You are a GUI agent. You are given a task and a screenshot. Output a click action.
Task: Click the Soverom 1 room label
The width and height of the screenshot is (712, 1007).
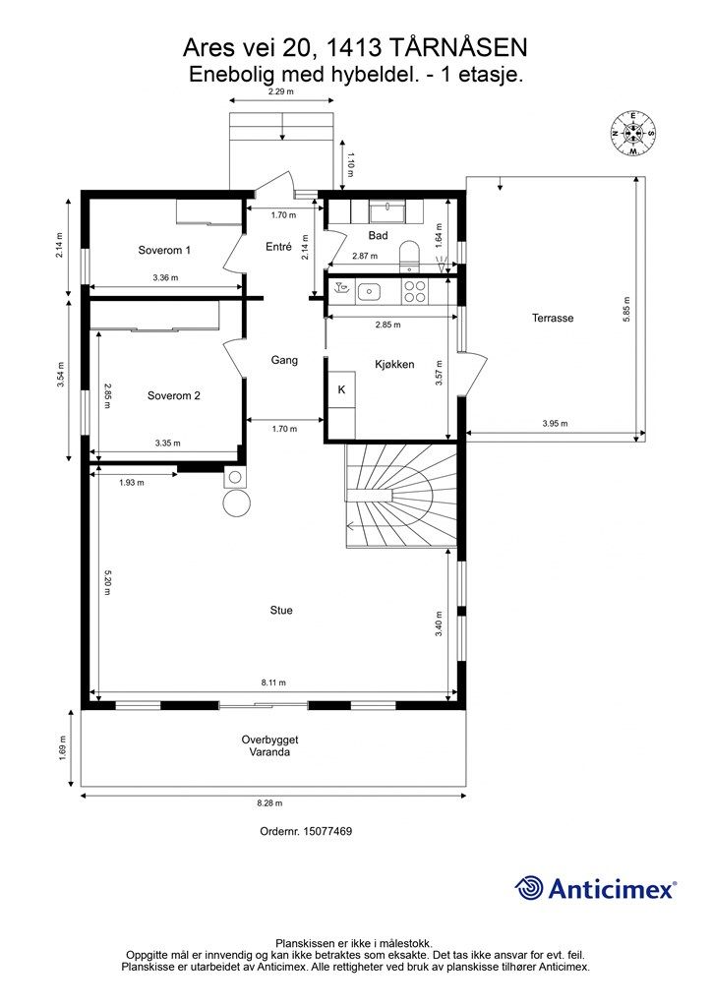164,250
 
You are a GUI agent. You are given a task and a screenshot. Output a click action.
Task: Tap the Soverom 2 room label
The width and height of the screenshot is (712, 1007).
173,395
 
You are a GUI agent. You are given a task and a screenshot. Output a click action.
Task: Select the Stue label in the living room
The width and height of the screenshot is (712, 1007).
281,610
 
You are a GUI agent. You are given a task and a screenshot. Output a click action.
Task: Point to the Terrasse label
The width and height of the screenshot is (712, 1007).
553,318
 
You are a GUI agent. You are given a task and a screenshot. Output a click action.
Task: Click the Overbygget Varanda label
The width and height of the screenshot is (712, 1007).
269,745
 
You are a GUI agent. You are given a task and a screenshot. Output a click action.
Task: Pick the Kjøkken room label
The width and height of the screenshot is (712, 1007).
394,364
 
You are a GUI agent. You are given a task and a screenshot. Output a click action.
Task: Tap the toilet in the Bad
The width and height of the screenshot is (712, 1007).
408,255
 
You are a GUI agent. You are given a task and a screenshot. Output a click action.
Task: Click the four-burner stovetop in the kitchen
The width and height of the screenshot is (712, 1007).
414,291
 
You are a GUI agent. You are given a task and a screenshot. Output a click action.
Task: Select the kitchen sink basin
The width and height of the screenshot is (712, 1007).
369,291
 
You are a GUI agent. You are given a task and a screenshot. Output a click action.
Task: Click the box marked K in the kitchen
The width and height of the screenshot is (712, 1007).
341,389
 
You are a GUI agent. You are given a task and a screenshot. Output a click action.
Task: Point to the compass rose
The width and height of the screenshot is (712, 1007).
632,133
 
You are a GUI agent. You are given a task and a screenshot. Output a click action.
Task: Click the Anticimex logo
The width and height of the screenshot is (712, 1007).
595,888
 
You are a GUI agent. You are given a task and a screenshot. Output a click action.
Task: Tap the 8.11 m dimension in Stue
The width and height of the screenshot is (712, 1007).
273,682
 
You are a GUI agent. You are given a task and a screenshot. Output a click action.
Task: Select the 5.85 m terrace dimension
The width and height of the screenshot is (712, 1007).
626,310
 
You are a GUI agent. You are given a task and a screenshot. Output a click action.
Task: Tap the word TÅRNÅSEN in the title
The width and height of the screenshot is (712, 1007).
458,48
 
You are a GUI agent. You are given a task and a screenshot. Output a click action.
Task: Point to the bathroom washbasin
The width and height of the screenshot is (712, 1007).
386,211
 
